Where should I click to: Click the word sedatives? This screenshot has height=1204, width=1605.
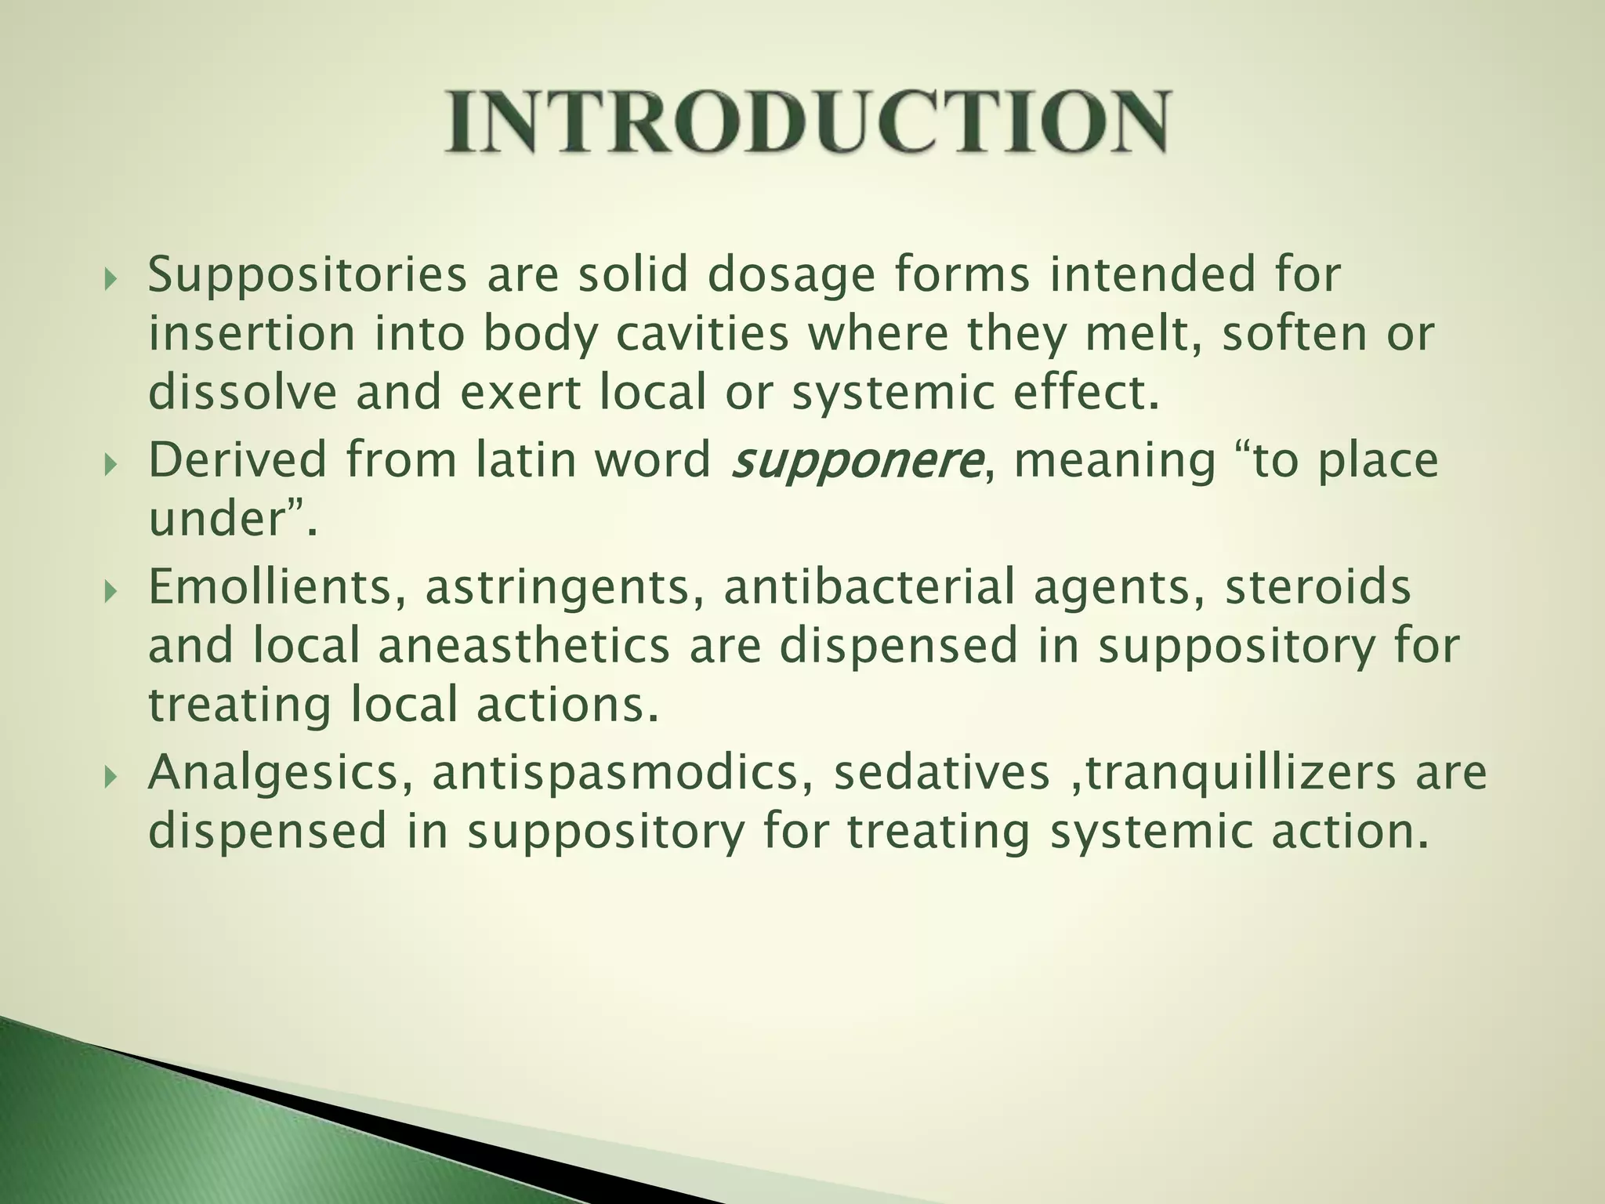pyautogui.click(x=941, y=774)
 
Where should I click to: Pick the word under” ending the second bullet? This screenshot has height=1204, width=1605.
pyautogui.click(x=227, y=520)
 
